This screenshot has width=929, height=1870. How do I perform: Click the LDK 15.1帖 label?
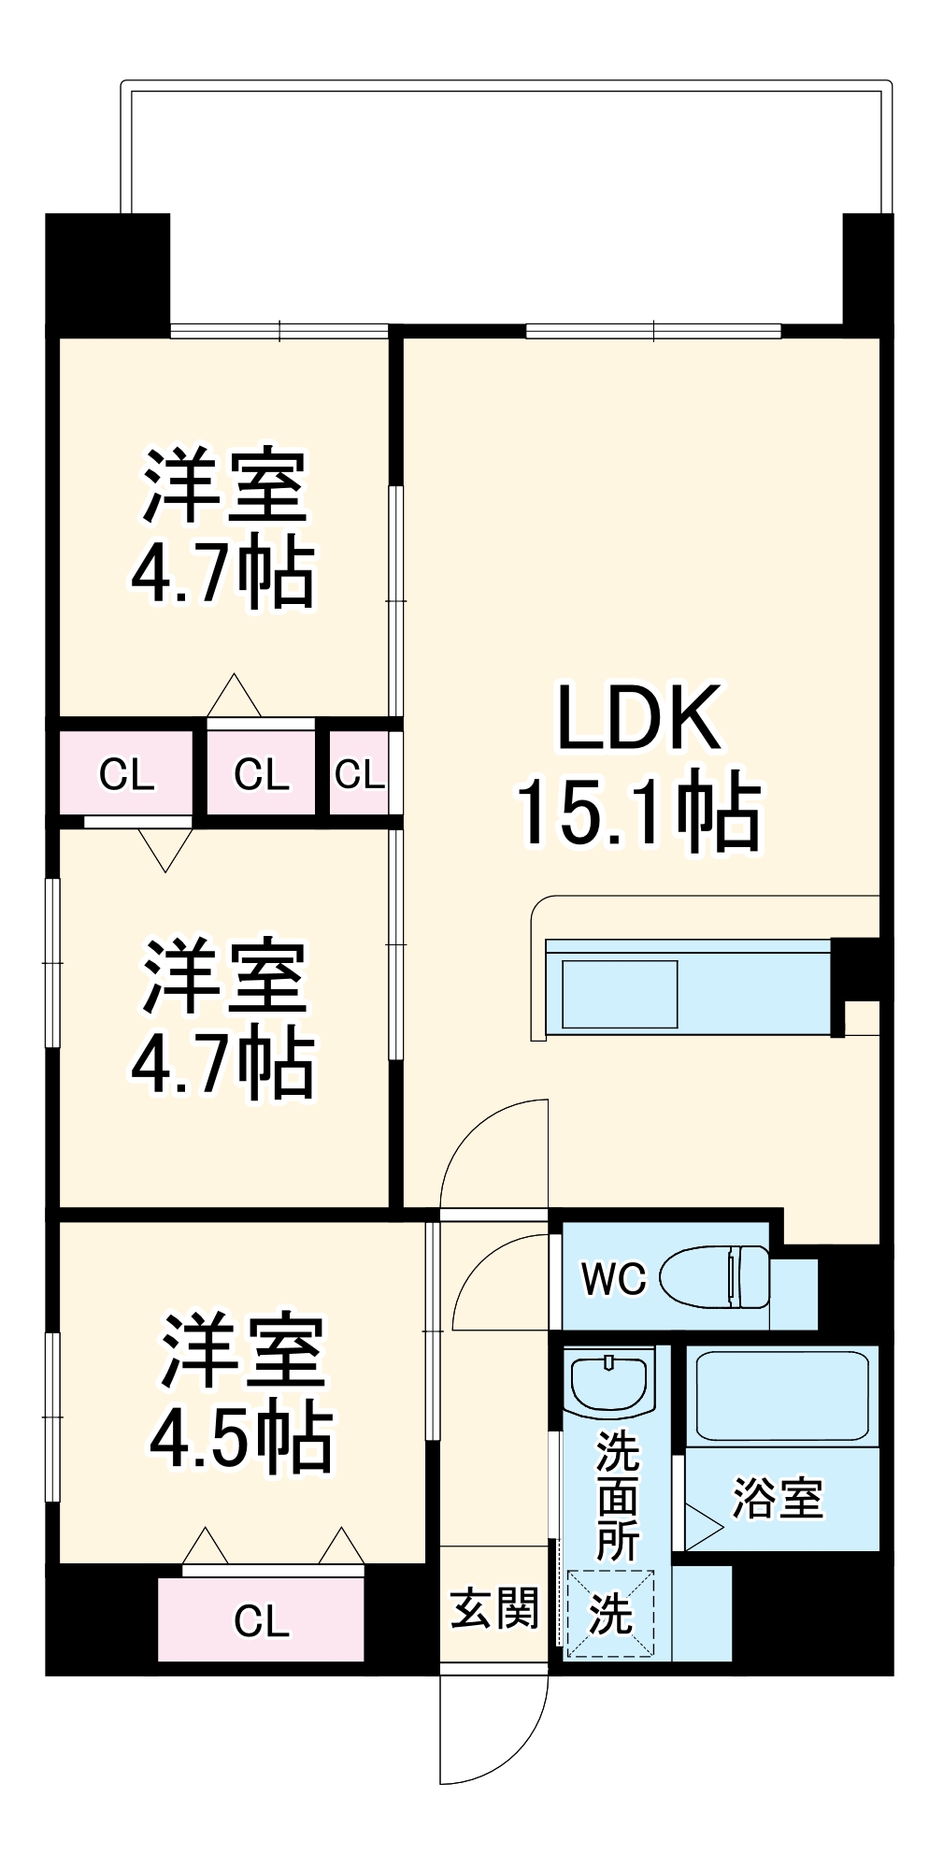[639, 767]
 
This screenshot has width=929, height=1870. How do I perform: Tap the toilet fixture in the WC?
[715, 1276]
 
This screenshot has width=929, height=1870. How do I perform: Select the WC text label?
[613, 1279]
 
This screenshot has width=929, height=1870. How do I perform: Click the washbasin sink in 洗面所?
[609, 1384]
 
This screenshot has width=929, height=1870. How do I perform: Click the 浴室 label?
[778, 1499]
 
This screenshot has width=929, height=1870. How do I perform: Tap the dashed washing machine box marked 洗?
[610, 1614]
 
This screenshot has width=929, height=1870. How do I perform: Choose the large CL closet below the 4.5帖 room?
[261, 1620]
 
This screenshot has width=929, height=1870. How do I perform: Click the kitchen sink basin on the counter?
[620, 994]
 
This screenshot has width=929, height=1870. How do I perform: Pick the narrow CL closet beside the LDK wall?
[359, 774]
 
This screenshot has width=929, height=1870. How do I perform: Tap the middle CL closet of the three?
[261, 774]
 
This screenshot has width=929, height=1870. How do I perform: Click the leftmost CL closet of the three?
[126, 774]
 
